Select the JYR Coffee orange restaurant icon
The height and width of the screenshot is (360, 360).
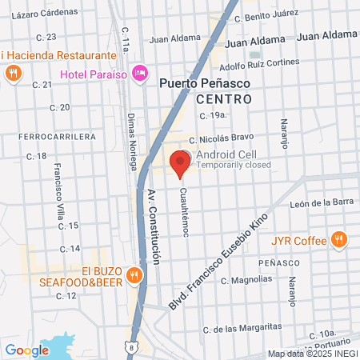click(339, 239)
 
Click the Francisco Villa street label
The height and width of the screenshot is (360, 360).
click(58, 183)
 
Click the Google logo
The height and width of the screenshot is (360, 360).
click(27, 350)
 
